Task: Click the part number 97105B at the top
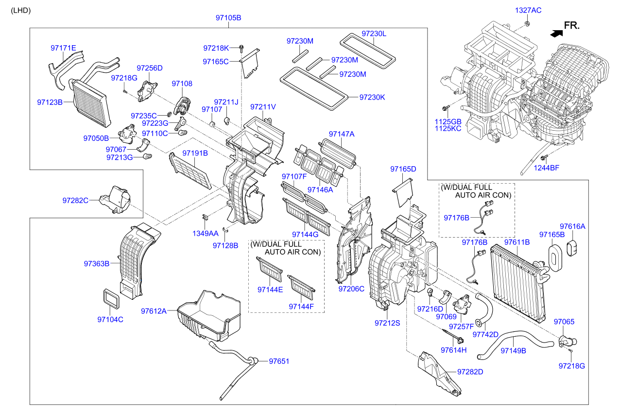coord(228,18)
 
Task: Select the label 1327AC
coord(528,10)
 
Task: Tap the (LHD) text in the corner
coord(20,10)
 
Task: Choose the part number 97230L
coord(374,34)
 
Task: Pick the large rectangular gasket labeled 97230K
coord(313,88)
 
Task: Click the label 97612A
coord(154,311)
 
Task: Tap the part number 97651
coord(279,361)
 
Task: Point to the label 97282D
coord(470,372)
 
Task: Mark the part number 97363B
coord(96,264)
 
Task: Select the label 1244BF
coord(547,168)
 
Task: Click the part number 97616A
coord(572,226)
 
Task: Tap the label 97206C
coord(351,289)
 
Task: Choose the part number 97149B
coord(514,350)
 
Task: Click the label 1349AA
coord(206,233)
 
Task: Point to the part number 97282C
coord(75,200)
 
